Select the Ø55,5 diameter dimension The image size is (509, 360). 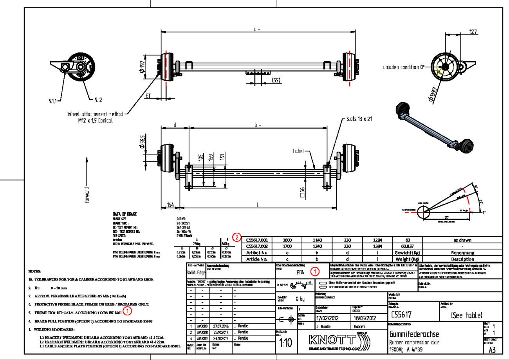click(143, 141)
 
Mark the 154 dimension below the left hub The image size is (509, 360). click(171, 205)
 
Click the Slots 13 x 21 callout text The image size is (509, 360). click(358, 119)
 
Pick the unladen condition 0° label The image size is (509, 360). click(404, 67)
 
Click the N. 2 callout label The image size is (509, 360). click(98, 100)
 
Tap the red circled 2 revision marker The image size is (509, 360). click(237, 237)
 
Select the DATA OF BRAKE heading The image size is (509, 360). click(125, 214)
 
